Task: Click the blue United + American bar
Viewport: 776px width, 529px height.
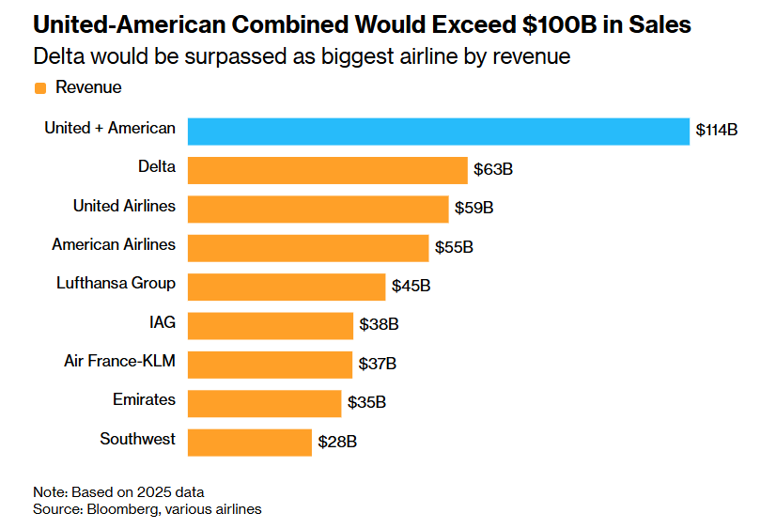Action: coord(439,131)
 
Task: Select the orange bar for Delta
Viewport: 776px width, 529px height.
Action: coord(328,170)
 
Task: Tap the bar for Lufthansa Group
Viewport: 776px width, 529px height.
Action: coord(287,287)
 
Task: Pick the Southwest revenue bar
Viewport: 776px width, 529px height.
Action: coord(250,442)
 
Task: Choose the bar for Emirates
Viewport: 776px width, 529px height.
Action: coord(264,403)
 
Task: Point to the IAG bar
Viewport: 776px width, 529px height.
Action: coord(271,325)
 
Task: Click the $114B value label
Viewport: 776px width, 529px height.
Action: coord(716,131)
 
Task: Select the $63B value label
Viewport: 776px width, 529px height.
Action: coord(492,170)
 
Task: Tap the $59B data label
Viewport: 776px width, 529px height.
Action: coord(473,209)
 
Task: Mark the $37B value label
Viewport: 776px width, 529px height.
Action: coord(378,364)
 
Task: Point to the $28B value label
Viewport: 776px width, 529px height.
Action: coord(337,442)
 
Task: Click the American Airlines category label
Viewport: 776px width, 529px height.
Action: coord(114,244)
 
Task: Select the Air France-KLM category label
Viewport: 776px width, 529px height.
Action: coord(119,361)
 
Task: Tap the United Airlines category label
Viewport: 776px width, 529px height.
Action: coord(124,206)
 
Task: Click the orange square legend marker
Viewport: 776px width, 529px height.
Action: coord(40,88)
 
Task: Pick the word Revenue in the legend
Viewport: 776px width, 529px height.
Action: coord(88,87)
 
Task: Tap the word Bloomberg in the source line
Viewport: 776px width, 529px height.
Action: coord(121,509)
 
